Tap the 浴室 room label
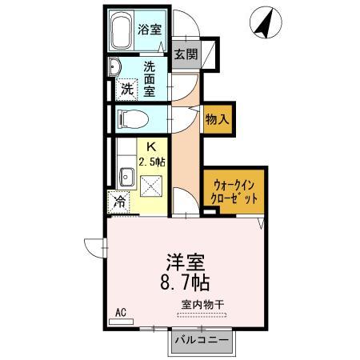click(x=150, y=30)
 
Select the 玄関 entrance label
click(x=186, y=55)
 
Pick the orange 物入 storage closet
click(x=217, y=119)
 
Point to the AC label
click(x=121, y=312)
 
